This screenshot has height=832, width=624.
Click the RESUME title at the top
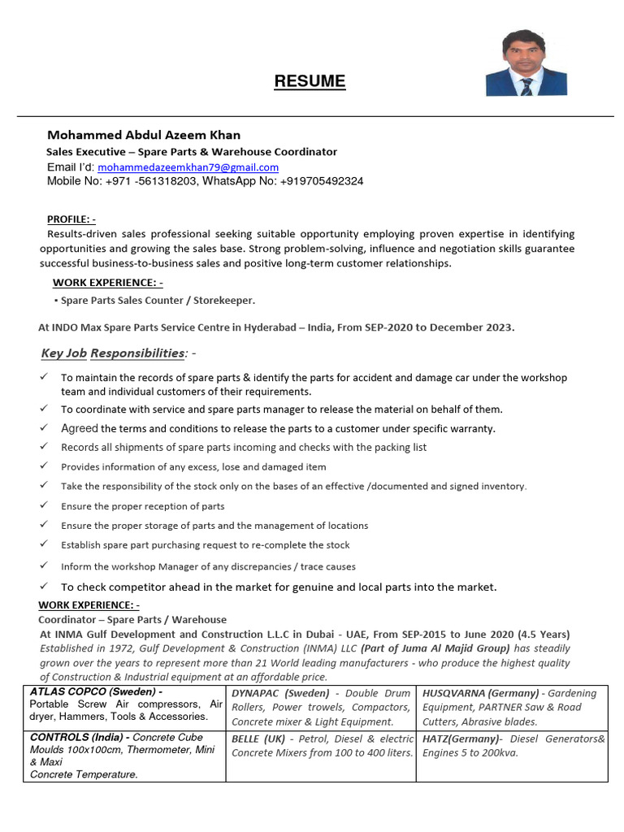(x=310, y=81)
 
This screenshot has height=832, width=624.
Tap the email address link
(x=188, y=167)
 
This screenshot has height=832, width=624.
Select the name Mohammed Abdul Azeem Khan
(x=144, y=135)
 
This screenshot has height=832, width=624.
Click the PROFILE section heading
(x=71, y=219)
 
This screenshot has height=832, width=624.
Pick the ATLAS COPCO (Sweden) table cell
(x=124, y=705)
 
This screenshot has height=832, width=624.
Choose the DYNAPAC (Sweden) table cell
(x=320, y=707)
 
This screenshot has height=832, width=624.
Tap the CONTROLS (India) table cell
(x=124, y=756)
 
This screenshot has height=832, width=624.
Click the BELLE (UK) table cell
(x=320, y=746)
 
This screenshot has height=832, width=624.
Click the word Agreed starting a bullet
(x=80, y=428)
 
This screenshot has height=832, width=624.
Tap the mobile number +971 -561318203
(x=151, y=181)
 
